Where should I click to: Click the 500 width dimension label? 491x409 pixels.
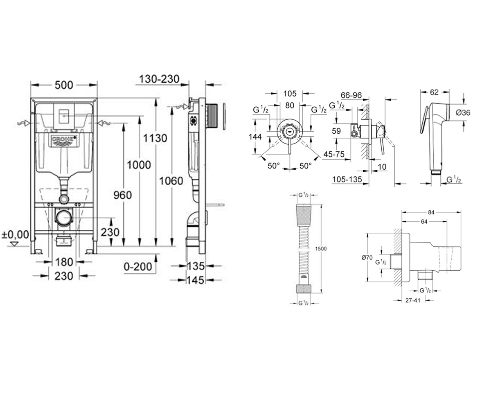click(x=64, y=85)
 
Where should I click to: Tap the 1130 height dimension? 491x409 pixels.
click(x=155, y=138)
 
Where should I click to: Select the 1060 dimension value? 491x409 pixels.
click(x=171, y=181)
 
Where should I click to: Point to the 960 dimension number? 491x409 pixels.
click(x=122, y=195)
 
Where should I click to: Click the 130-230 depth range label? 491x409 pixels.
click(x=160, y=79)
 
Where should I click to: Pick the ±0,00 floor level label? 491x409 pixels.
click(x=15, y=235)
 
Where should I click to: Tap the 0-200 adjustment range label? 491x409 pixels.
click(x=138, y=267)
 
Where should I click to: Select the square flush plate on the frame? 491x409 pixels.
click(x=65, y=116)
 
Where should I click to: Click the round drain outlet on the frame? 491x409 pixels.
click(x=64, y=218)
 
